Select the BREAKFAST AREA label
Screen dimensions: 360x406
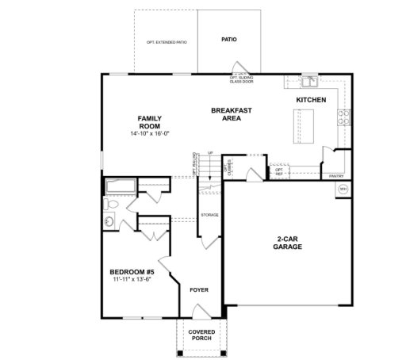[x=231, y=113]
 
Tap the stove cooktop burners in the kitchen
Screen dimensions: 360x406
[x=343, y=117]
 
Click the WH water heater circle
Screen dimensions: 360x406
[x=343, y=190]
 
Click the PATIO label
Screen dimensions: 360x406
[x=229, y=39]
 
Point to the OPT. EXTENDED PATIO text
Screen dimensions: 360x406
[x=167, y=41]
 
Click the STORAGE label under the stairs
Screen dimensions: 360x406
[x=209, y=215]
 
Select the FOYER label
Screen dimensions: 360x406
[x=199, y=289]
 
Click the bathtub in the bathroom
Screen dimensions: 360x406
[x=121, y=187]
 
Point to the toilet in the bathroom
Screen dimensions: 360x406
[x=111, y=205]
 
